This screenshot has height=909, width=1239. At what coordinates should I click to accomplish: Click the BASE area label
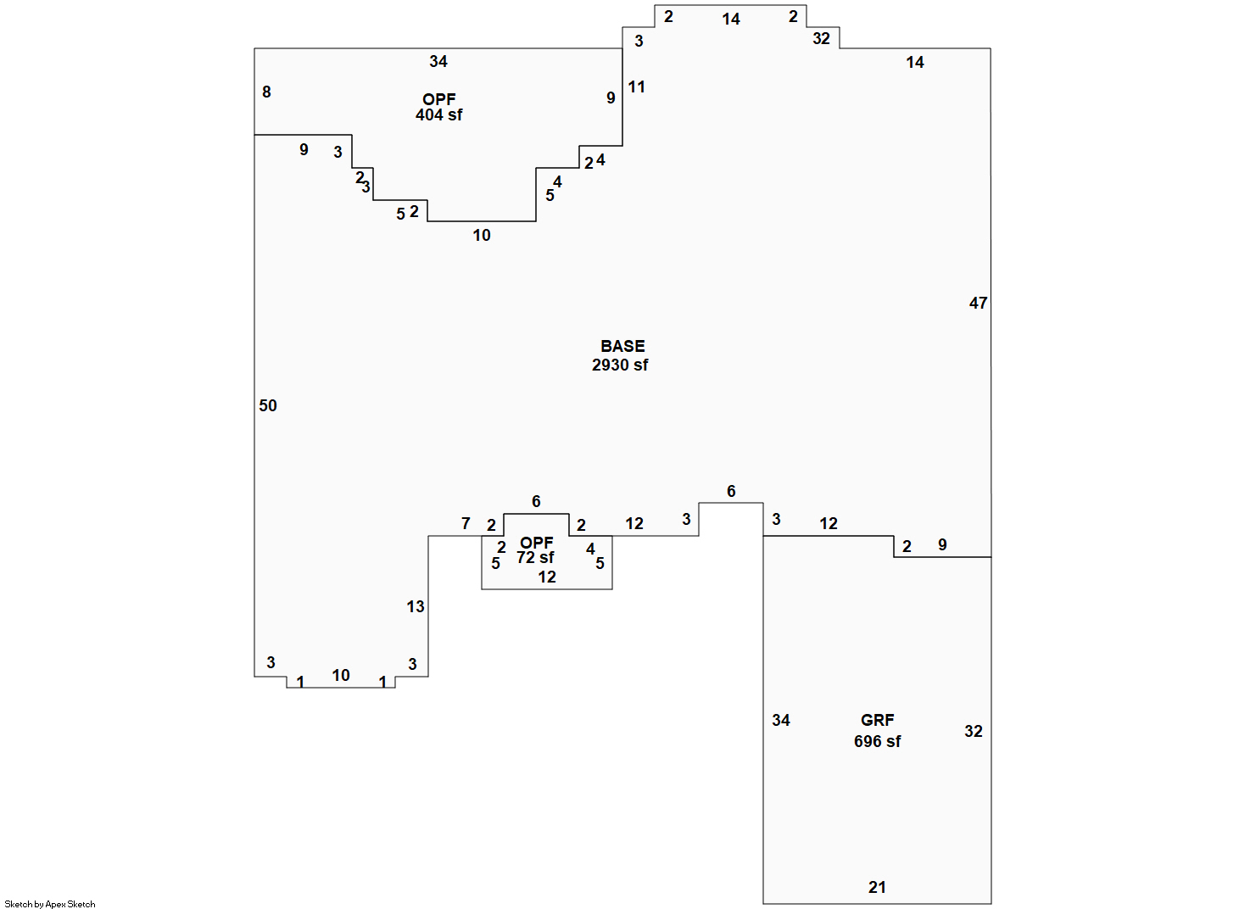[x=622, y=346]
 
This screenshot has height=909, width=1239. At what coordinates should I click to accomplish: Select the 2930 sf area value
[x=619, y=365]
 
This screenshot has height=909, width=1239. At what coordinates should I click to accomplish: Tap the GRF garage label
[x=877, y=720]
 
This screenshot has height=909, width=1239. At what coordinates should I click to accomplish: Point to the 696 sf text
[x=877, y=741]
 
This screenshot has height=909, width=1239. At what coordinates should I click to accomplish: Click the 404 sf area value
[x=438, y=114]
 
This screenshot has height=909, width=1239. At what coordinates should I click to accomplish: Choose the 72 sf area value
[x=535, y=557]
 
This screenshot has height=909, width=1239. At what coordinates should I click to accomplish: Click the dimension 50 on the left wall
[x=268, y=405]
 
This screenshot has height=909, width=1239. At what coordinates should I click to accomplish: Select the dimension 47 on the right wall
[x=978, y=303]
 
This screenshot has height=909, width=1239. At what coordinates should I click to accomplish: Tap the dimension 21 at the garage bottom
[x=877, y=887]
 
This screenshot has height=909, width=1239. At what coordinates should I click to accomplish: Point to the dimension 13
[x=416, y=606]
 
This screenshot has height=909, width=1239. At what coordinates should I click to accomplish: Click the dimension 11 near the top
[x=636, y=86]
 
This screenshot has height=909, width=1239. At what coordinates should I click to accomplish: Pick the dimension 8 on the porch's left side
[x=266, y=92]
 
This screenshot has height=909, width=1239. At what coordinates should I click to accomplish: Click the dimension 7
[x=466, y=523]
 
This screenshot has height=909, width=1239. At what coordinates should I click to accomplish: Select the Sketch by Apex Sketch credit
[x=50, y=904]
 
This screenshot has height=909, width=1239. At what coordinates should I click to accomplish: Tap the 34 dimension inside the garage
[x=781, y=720]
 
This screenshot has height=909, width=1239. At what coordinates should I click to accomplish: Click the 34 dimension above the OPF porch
[x=438, y=61]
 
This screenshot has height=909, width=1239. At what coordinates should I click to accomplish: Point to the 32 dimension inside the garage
[x=974, y=731]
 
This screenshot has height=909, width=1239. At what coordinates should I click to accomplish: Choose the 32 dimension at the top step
[x=821, y=38]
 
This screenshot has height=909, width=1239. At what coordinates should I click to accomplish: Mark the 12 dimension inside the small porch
[x=546, y=577]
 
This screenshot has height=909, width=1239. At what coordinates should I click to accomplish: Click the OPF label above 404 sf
[x=438, y=99]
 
